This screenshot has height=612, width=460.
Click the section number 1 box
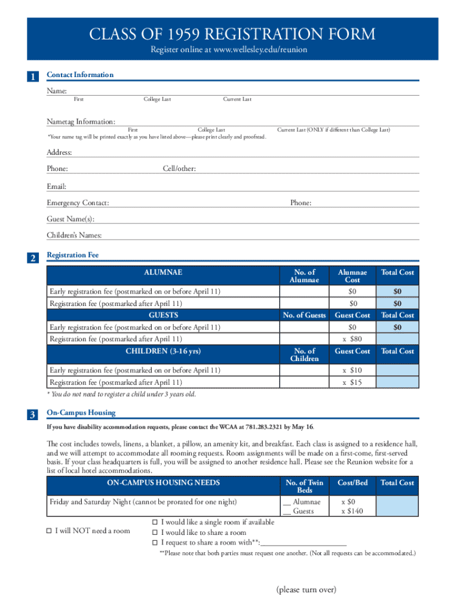(x=33, y=76)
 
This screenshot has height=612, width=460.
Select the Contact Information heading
(x=80, y=75)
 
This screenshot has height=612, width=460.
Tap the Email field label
(x=57, y=186)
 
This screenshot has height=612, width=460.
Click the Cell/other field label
(x=179, y=169)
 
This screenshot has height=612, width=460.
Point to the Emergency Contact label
(x=78, y=203)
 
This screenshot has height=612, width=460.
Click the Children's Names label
(x=74, y=235)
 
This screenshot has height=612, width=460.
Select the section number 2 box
(x=33, y=258)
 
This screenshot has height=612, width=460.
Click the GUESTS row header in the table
(x=163, y=315)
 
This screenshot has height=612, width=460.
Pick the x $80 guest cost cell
(x=352, y=339)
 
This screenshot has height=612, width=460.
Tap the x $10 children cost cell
(x=352, y=371)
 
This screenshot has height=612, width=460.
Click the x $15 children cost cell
(x=352, y=382)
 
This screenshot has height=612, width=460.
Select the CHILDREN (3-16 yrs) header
(x=163, y=351)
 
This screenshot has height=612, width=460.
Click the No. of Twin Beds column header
(x=305, y=486)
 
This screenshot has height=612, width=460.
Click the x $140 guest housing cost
(x=352, y=512)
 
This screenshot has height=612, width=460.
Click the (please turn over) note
(x=306, y=590)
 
